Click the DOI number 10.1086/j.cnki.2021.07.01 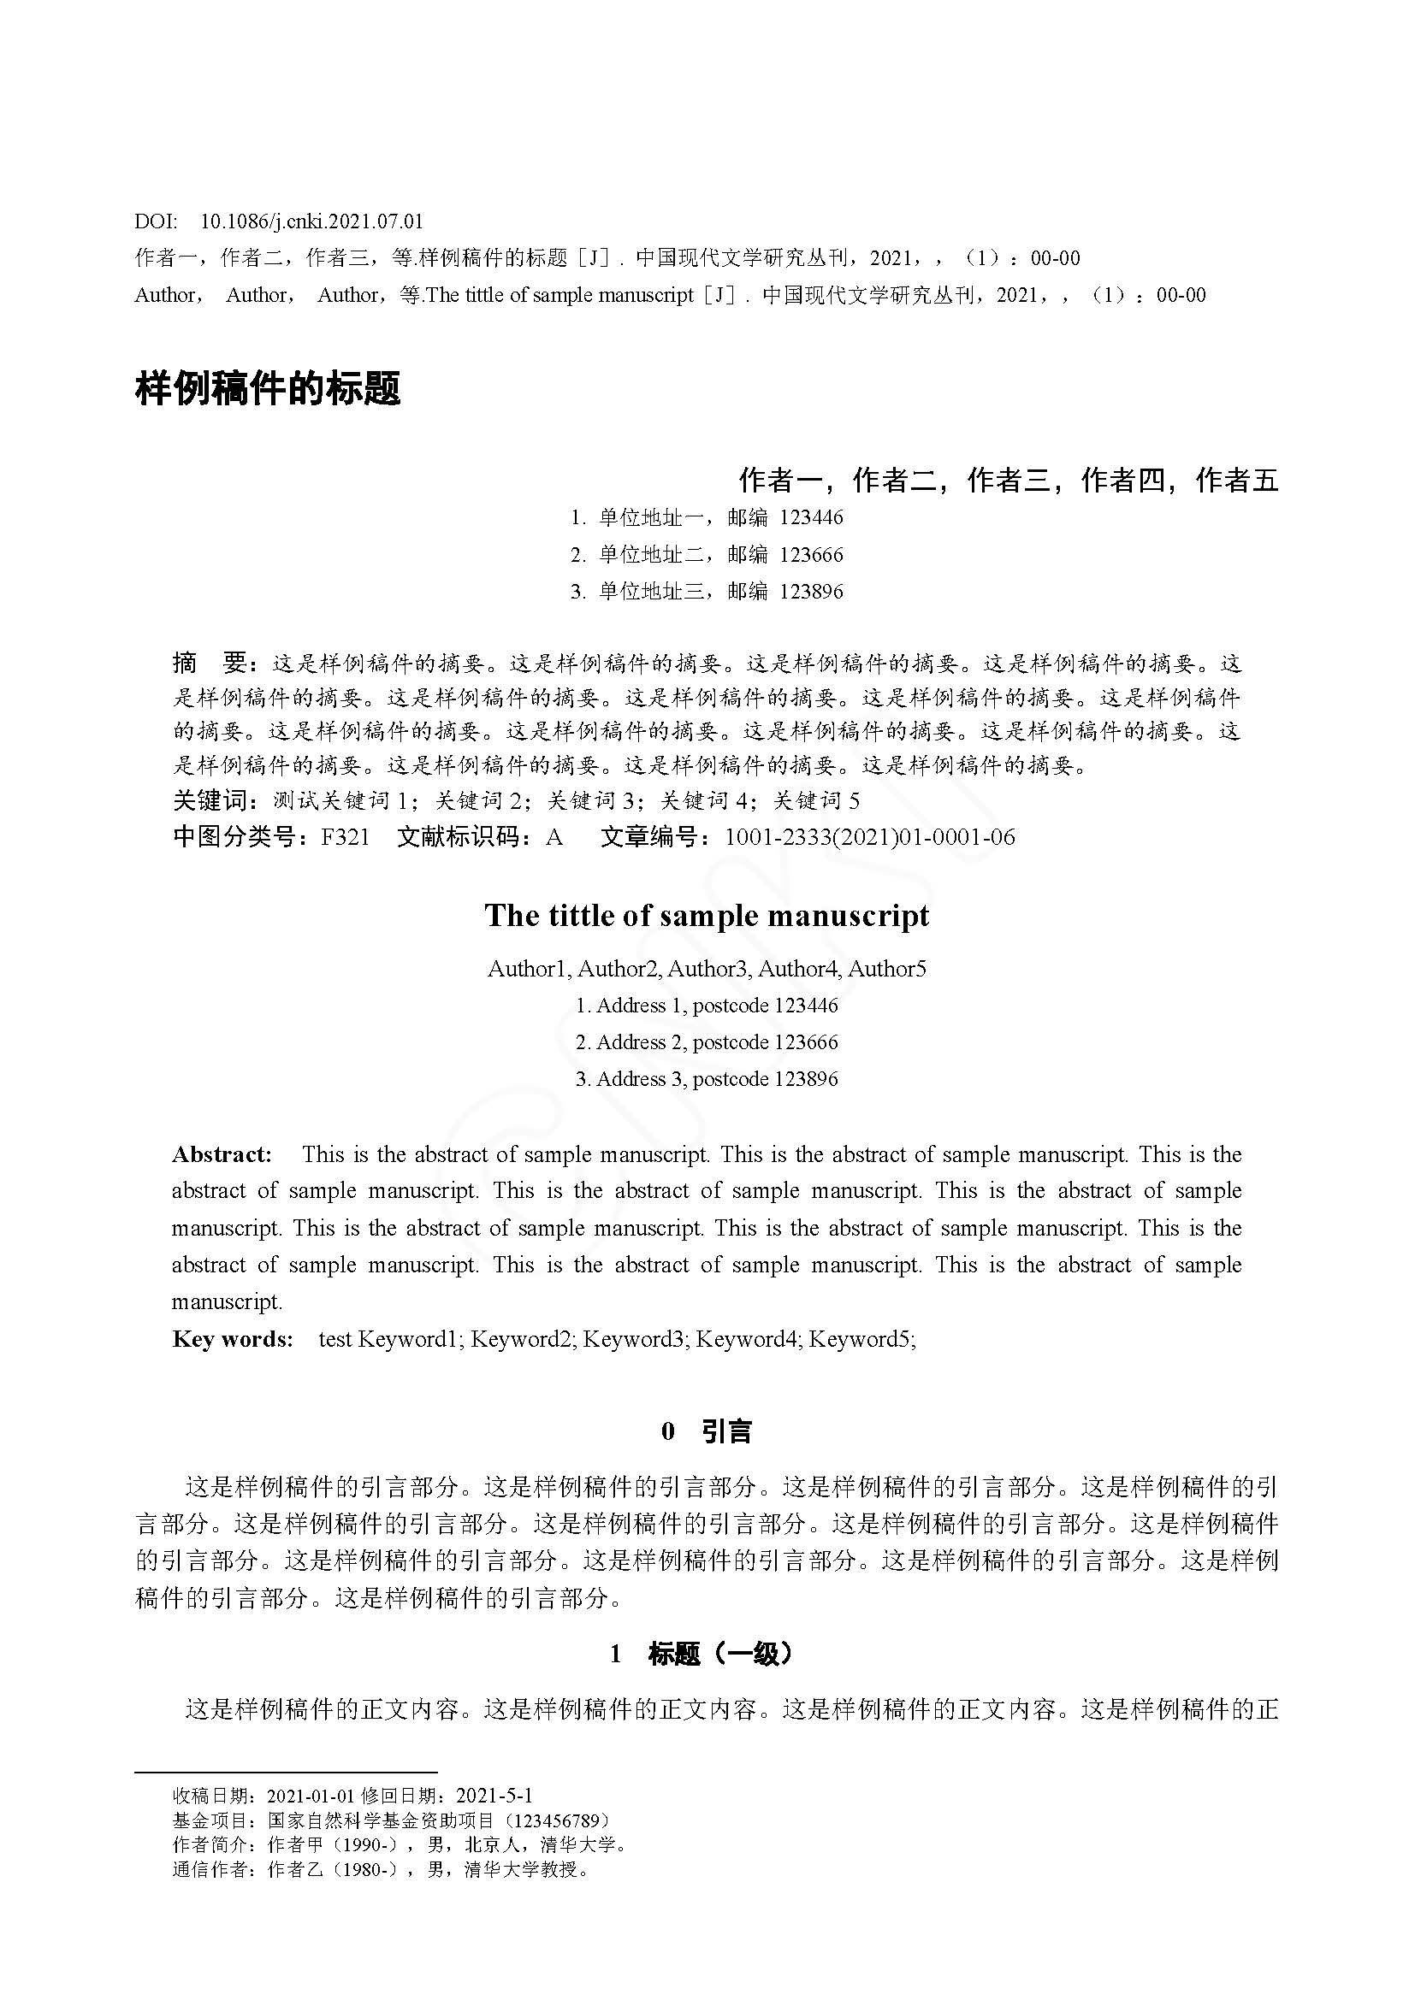point(311,221)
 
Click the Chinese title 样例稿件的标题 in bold point(268,387)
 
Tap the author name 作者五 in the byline point(1236,480)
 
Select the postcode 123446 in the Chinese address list point(811,517)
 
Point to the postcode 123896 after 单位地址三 point(811,592)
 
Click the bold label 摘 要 point(210,664)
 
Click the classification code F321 point(345,837)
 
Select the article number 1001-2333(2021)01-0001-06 point(869,837)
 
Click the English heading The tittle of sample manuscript point(707,916)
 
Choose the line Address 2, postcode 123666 point(707,1041)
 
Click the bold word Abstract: point(222,1154)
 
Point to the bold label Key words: point(233,1339)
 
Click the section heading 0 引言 point(707,1431)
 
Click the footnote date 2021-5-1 point(494,1796)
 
